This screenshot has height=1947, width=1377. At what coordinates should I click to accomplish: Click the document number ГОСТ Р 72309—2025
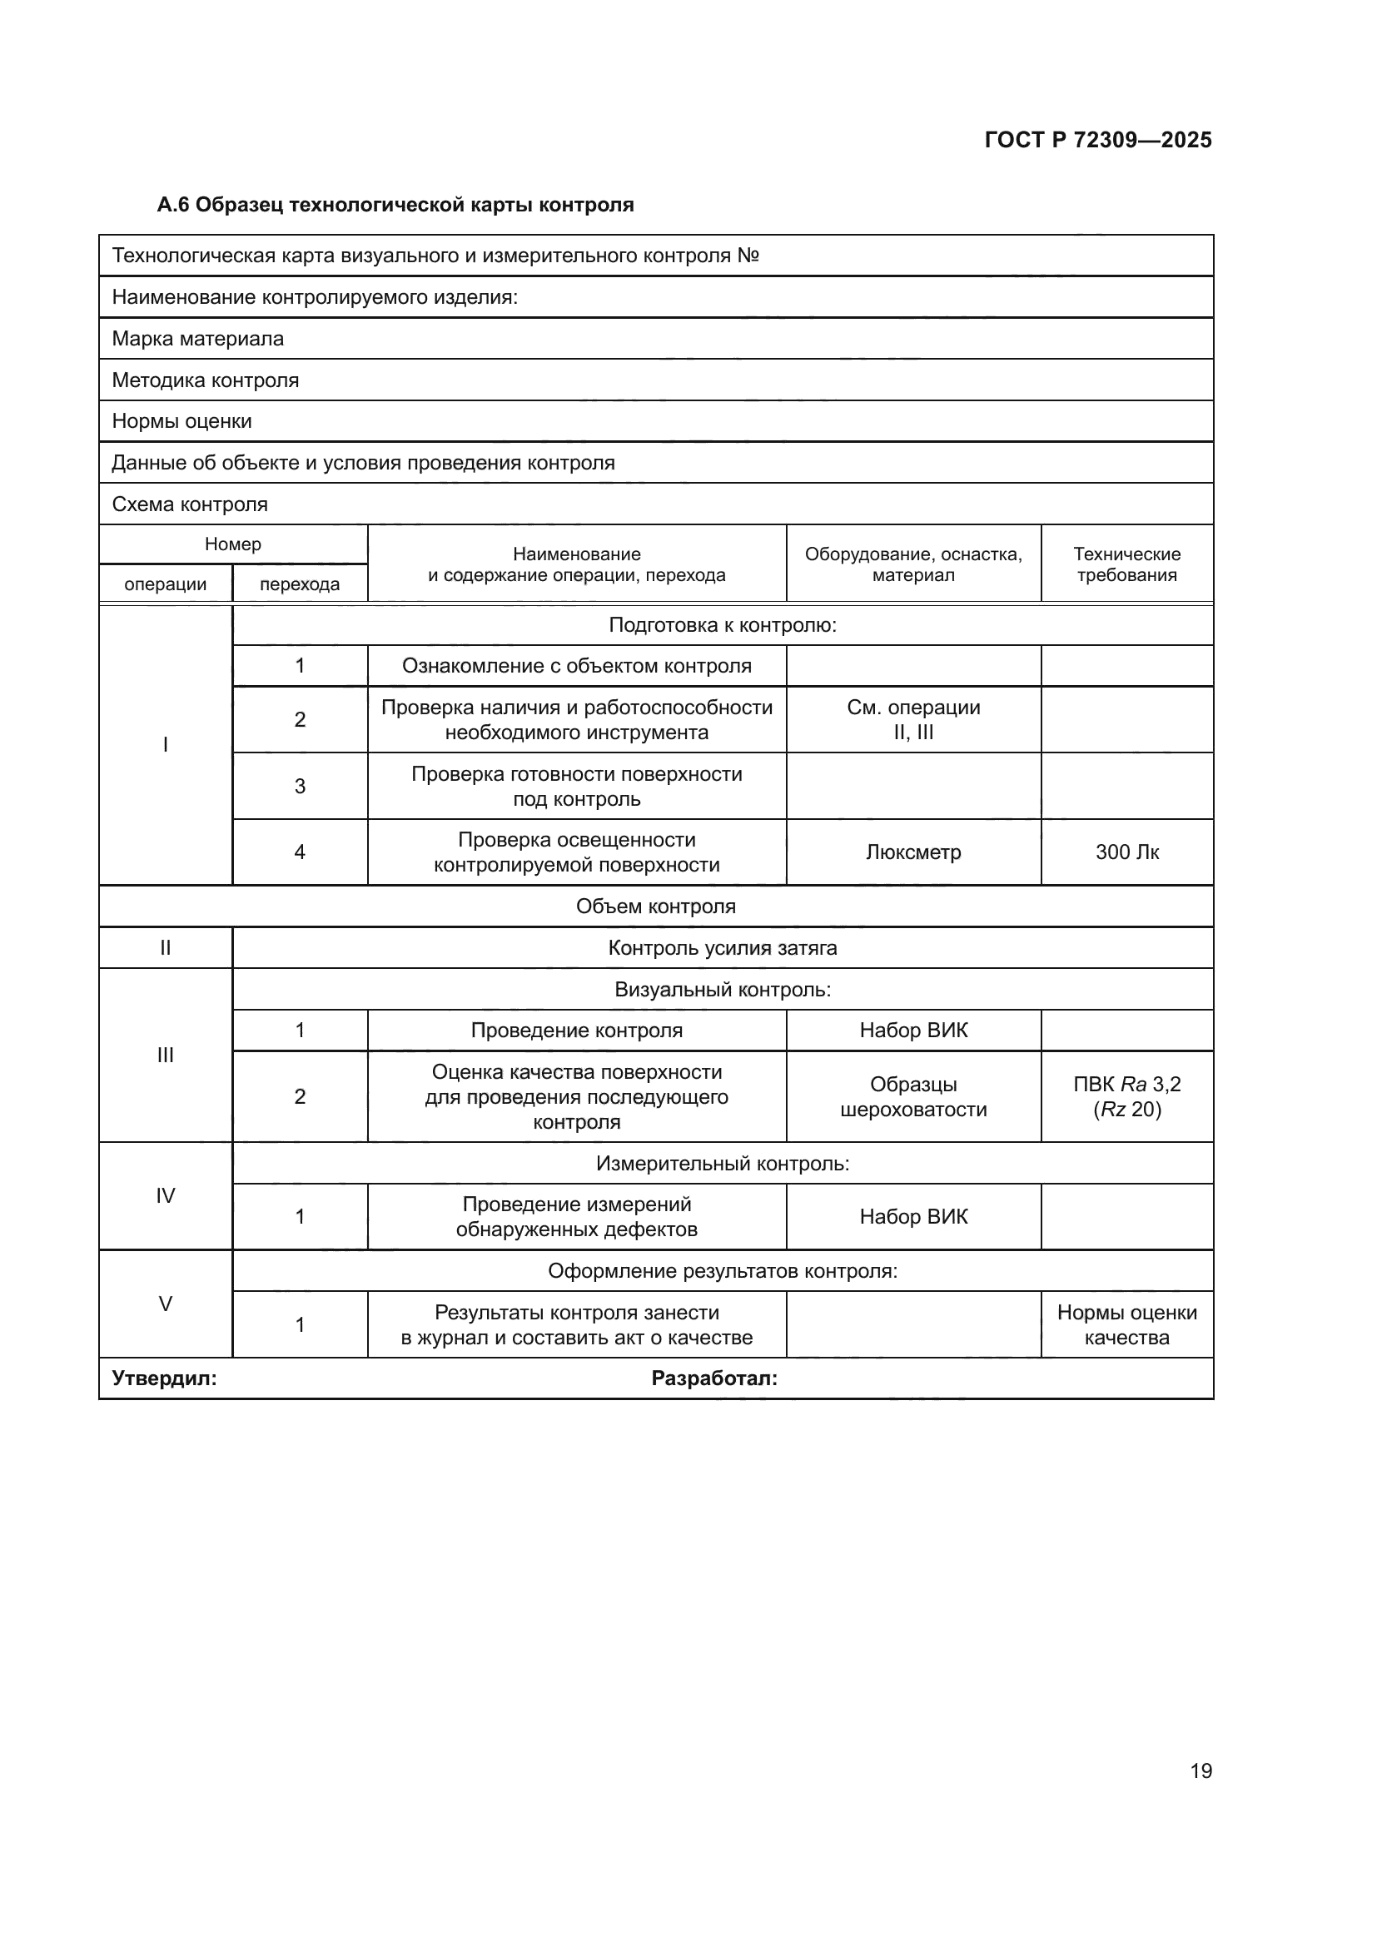pyautogui.click(x=1097, y=140)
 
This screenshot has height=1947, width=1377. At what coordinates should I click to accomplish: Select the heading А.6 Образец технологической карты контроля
pyautogui.click(x=395, y=205)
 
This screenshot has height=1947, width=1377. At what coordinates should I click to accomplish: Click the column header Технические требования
pyautogui.click(x=1126, y=564)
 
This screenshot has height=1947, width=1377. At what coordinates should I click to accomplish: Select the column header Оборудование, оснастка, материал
pyautogui.click(x=913, y=564)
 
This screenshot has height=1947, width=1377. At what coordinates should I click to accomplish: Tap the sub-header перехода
pyautogui.click(x=300, y=584)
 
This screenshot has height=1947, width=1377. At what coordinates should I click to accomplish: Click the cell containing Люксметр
pyautogui.click(x=913, y=852)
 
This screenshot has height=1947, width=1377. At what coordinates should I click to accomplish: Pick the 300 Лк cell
pyautogui.click(x=1126, y=852)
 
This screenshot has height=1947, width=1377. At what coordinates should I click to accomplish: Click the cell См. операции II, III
pyautogui.click(x=913, y=719)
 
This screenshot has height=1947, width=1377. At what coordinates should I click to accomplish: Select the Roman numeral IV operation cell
pyautogui.click(x=166, y=1195)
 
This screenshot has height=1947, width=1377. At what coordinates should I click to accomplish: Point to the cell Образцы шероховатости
pyautogui.click(x=913, y=1096)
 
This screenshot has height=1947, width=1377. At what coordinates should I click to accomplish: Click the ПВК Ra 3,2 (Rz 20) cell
pyautogui.click(x=1126, y=1096)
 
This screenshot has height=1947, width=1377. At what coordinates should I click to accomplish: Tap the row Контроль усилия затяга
pyautogui.click(x=723, y=948)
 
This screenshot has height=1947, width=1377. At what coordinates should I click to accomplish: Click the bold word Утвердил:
pyautogui.click(x=165, y=1378)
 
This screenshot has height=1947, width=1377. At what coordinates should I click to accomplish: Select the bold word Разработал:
pyautogui.click(x=714, y=1378)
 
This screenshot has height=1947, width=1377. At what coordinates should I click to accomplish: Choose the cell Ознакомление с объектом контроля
pyautogui.click(x=577, y=666)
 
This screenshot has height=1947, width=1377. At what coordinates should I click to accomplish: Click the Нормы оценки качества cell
pyautogui.click(x=1126, y=1324)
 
